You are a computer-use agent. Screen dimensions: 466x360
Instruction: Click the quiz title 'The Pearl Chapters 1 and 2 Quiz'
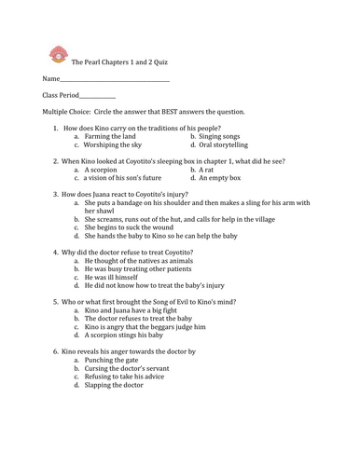(x=119, y=62)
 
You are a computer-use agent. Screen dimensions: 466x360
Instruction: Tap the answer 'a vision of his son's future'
(x=129, y=178)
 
